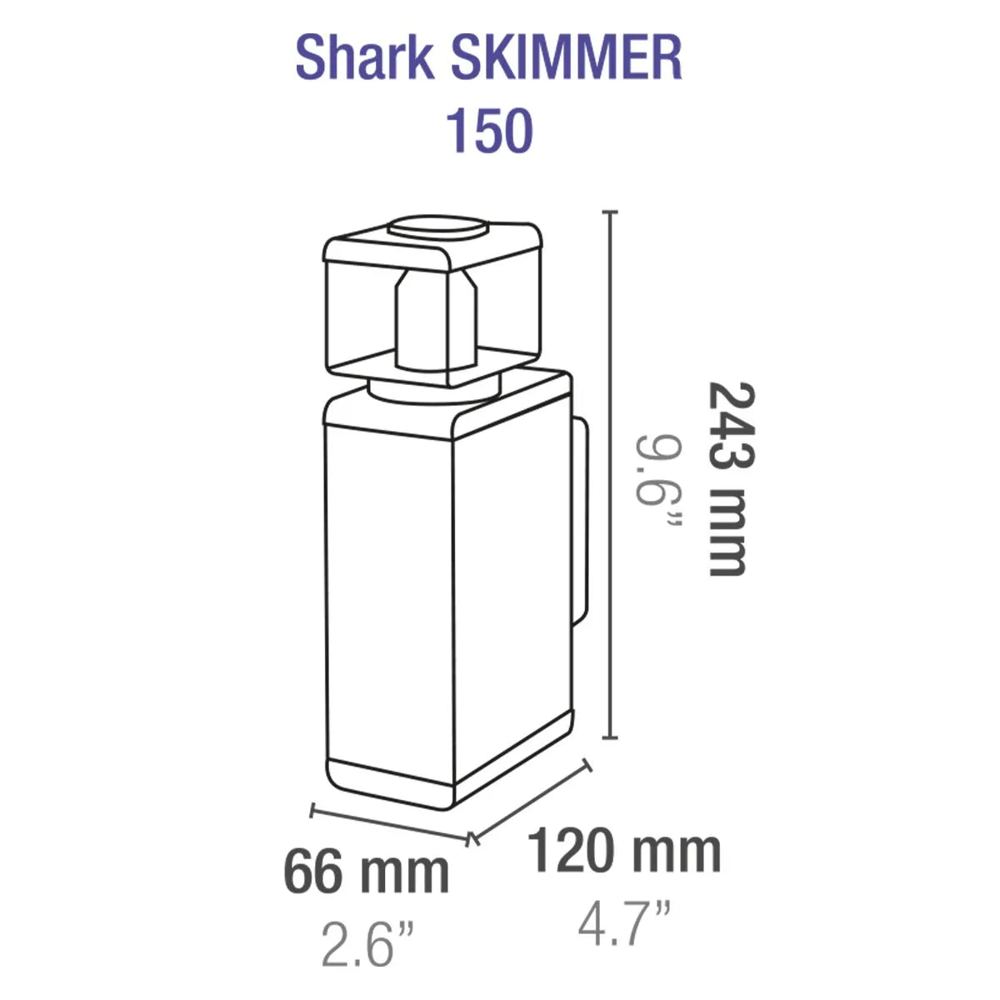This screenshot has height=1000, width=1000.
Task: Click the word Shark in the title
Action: (364, 59)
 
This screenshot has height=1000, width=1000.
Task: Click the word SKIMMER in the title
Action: (567, 59)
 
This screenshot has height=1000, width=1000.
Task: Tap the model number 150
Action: (489, 131)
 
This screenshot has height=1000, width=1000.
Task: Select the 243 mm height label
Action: (727, 478)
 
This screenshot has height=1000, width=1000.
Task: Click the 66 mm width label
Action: (367, 872)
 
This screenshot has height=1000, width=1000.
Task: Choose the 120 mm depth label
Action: (624, 851)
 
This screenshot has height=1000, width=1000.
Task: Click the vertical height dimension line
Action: (614, 475)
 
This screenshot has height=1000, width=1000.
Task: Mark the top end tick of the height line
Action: (614, 213)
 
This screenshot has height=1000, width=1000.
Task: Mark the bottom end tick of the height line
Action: (614, 737)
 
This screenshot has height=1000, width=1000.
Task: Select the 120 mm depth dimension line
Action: (533, 800)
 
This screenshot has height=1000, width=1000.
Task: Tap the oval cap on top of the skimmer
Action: (439, 227)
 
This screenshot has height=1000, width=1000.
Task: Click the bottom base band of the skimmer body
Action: (388, 783)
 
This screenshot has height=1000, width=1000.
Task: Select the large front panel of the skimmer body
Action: (388, 592)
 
